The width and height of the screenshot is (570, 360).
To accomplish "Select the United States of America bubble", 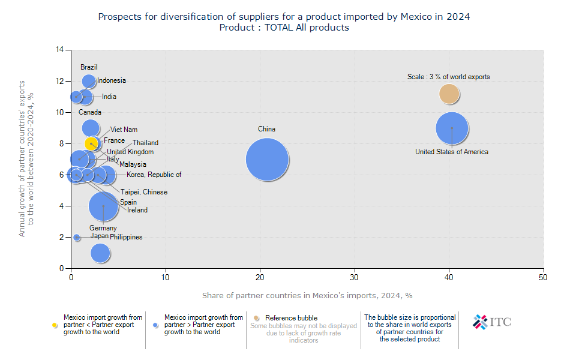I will pyautogui.click(x=452, y=128).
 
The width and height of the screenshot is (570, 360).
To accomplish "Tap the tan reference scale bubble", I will pyautogui.click(x=449, y=94).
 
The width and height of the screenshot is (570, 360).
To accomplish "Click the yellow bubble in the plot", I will pyautogui.click(x=91, y=144).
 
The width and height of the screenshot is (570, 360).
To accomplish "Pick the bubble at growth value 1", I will pyautogui.click(x=100, y=253).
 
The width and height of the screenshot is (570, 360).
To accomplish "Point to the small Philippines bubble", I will pyautogui.click(x=76, y=238).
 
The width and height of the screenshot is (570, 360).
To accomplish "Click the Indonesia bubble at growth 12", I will pyautogui.click(x=89, y=81).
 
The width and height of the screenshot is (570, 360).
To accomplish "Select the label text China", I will pyautogui.click(x=266, y=129).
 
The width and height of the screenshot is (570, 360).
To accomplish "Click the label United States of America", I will pyautogui.click(x=451, y=152).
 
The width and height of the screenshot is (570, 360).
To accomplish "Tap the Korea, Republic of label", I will pyautogui.click(x=154, y=175).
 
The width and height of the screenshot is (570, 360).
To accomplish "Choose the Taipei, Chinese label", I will pyautogui.click(x=143, y=192).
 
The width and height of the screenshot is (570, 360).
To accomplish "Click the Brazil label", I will pyautogui.click(x=89, y=67).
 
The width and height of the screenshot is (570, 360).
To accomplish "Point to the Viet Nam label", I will pyautogui.click(x=124, y=130).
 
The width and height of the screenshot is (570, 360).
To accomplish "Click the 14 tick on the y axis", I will pyautogui.click(x=60, y=50).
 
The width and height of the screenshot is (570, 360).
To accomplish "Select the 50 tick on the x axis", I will pyautogui.click(x=543, y=278).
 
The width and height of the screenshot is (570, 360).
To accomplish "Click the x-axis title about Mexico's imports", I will pyautogui.click(x=307, y=295).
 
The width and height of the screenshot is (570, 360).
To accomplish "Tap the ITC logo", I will pyautogui.click(x=491, y=322).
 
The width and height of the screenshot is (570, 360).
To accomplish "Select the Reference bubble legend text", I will pyautogui.click(x=291, y=318).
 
